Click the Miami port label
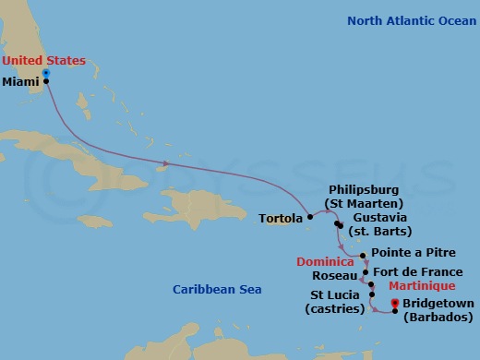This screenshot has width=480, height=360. (21, 81)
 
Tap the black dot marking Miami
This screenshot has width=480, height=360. (45, 81)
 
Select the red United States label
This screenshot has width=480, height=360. (43, 61)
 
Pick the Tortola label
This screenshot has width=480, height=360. (282, 219)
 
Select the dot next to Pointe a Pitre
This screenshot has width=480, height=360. (364, 255)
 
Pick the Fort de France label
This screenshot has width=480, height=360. (416, 272)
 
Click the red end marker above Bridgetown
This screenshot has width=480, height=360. (394, 303)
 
